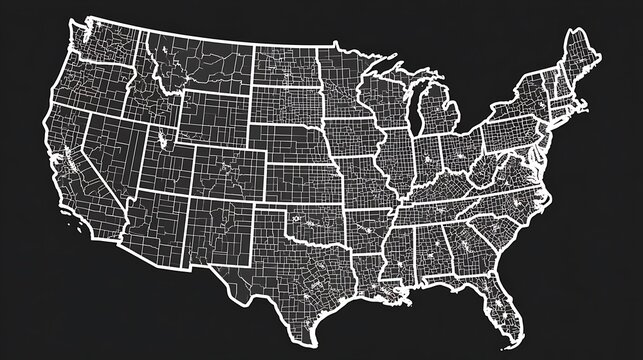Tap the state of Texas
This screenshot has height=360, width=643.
tap(300, 270)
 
